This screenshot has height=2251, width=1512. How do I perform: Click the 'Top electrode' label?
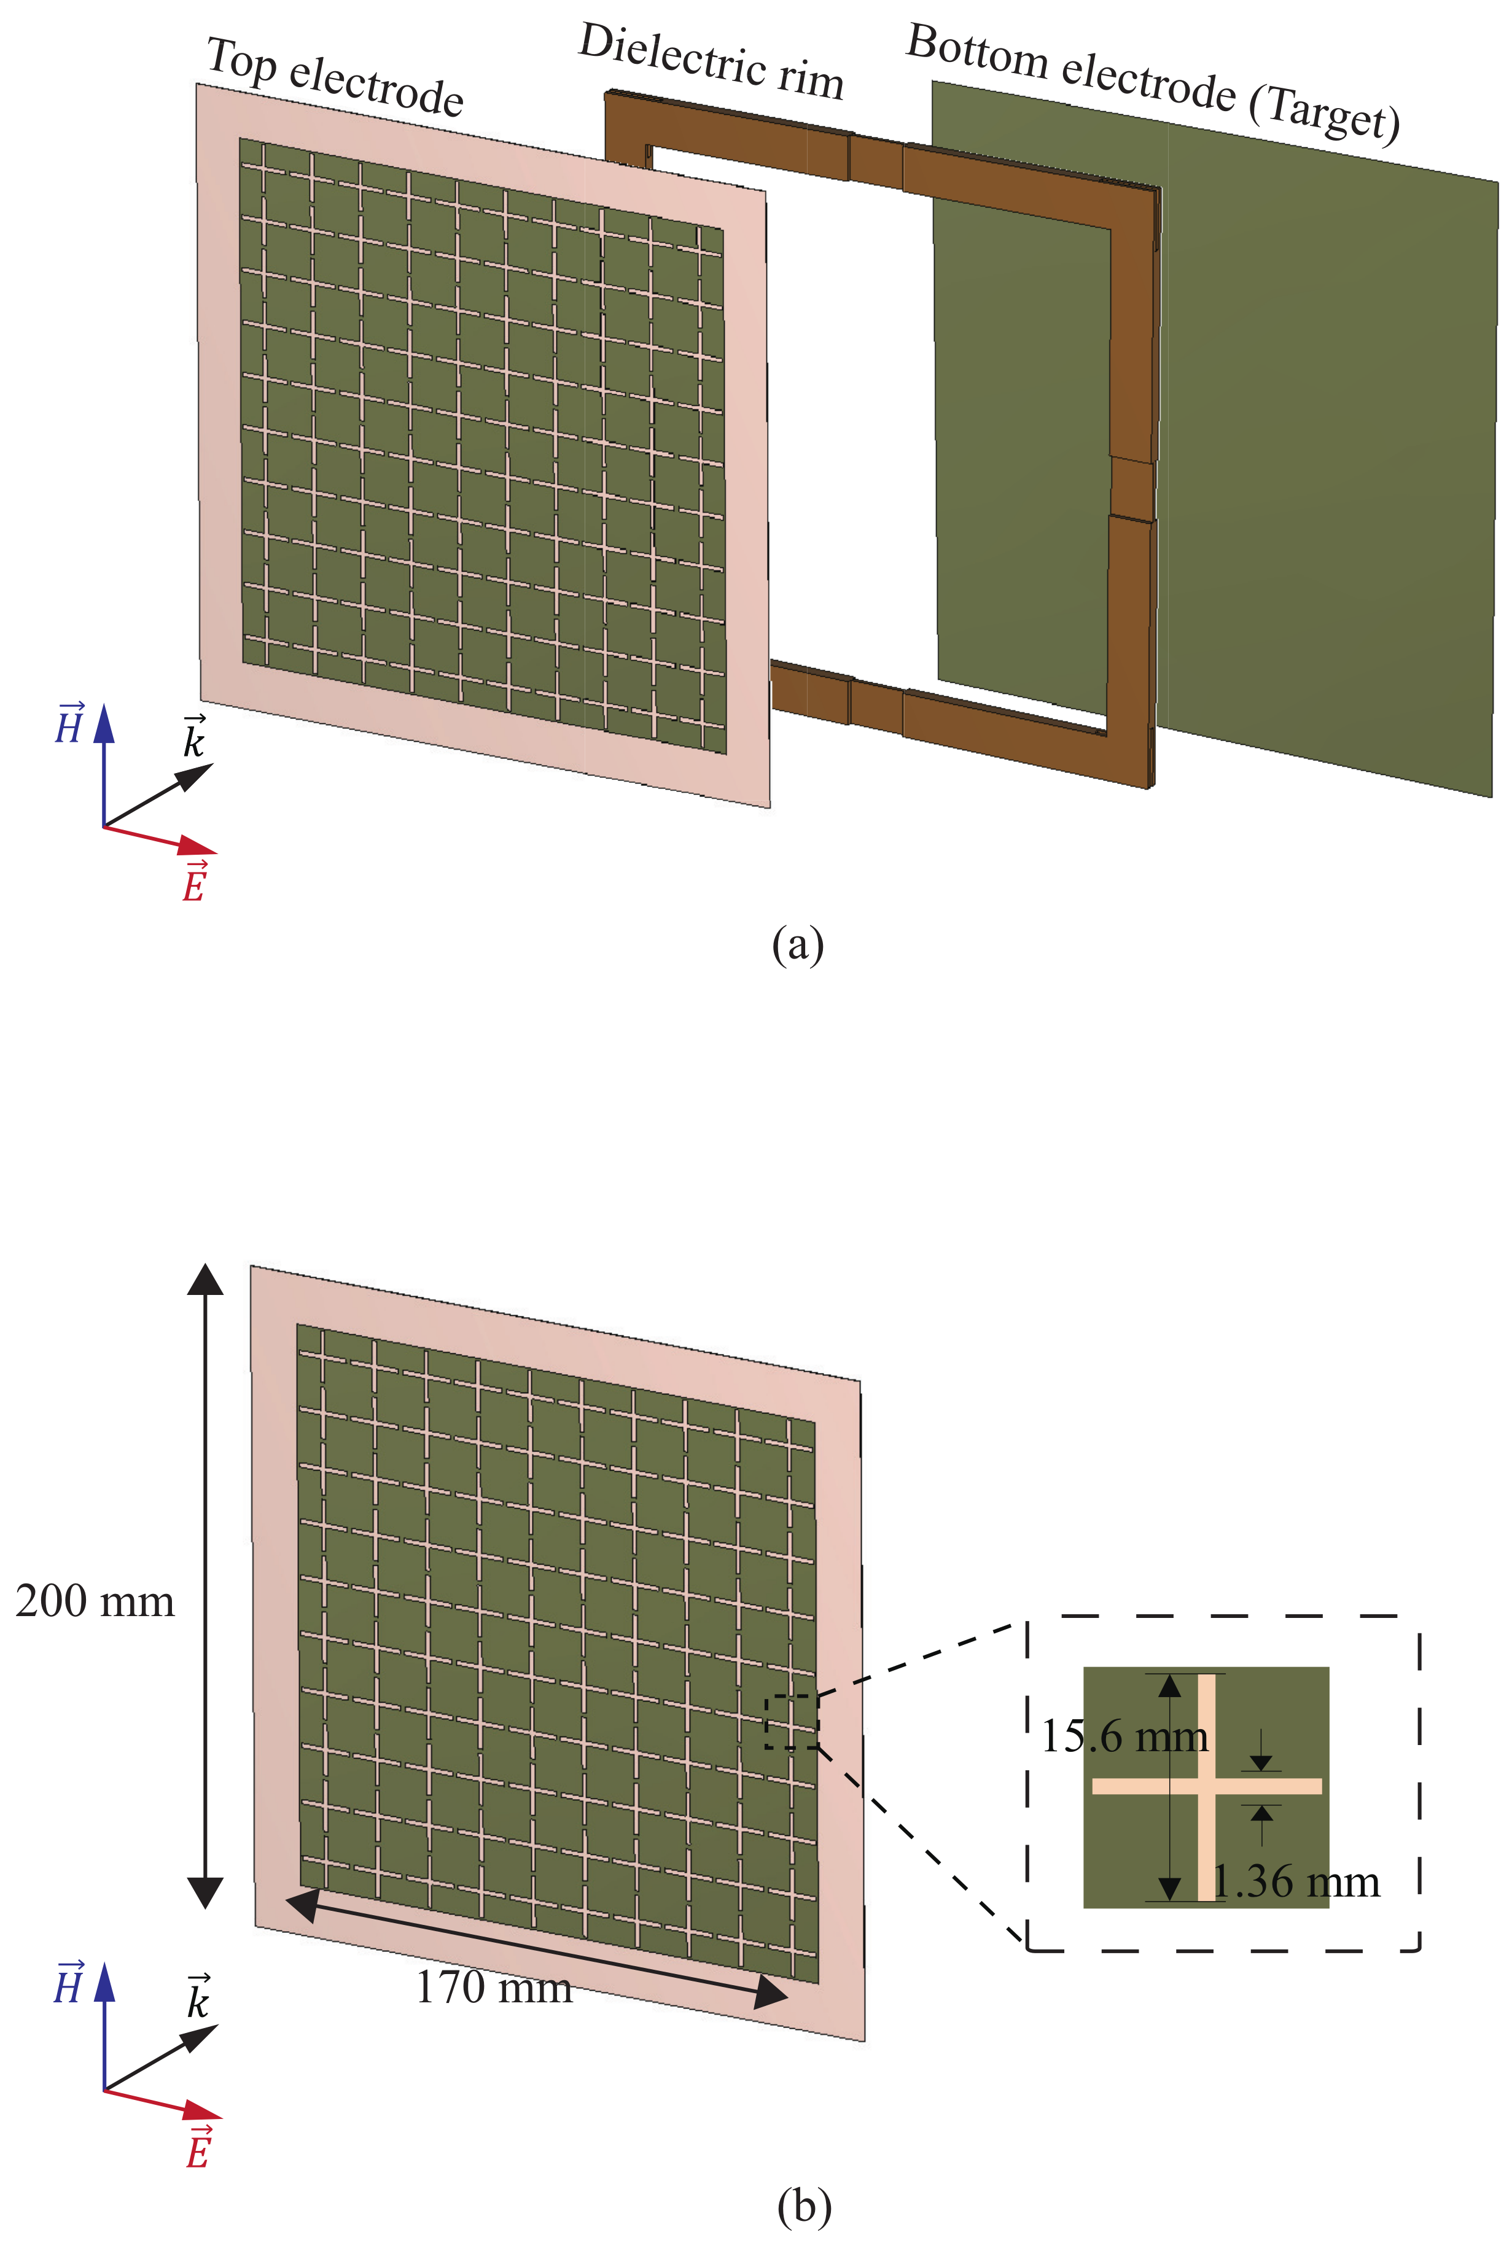[335, 77]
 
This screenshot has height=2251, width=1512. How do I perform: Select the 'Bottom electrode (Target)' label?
[1153, 82]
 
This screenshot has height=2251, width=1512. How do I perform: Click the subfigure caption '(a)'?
[798, 945]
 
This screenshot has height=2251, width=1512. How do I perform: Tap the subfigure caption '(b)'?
[803, 2207]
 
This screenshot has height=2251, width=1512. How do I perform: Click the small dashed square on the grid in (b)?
[792, 1723]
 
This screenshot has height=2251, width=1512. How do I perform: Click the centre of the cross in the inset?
[1206, 1786]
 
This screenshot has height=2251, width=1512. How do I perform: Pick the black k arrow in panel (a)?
[158, 795]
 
